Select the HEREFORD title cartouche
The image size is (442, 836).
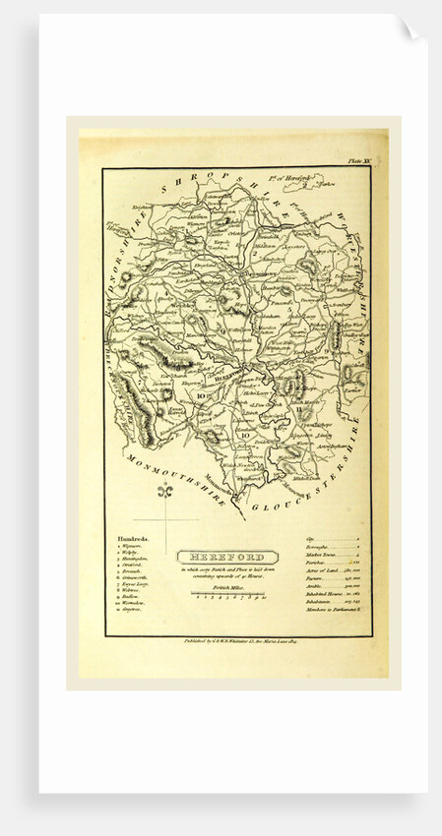221,557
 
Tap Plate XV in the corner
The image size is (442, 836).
356,158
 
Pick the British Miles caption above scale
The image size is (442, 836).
221,586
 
